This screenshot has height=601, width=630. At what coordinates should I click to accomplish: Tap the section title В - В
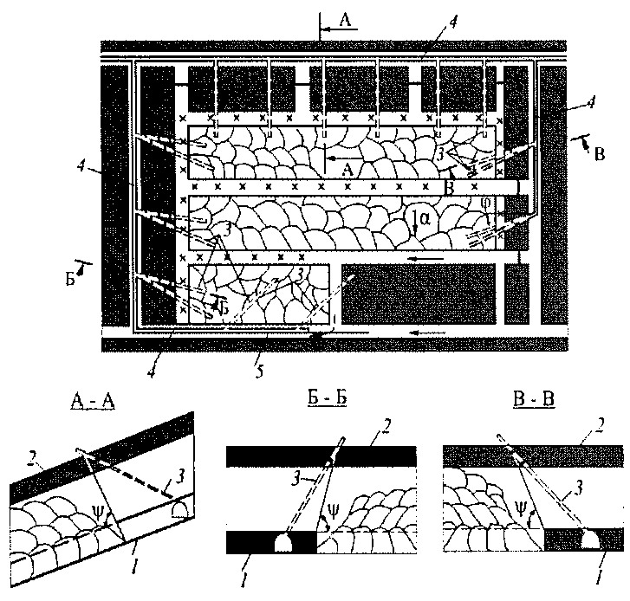[x=529, y=401]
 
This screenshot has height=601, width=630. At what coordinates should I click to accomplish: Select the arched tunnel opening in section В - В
[x=594, y=542]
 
